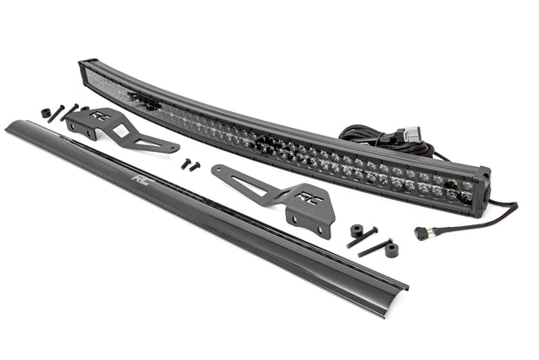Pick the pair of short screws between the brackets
tap(190, 163)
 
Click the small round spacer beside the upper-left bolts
tap(45, 112)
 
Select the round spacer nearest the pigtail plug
tap(392, 250)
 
